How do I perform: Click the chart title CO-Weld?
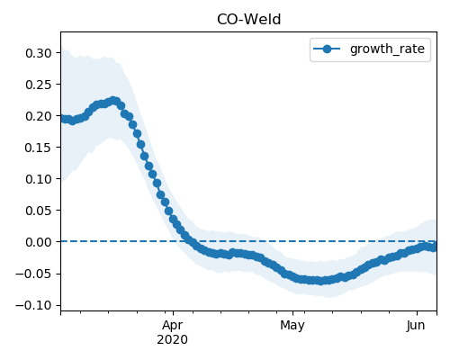click(x=248, y=20)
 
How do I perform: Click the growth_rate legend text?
click(x=387, y=49)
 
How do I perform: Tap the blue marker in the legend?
click(x=327, y=49)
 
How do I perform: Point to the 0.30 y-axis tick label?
click(x=39, y=53)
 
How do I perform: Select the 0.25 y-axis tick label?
click(x=39, y=85)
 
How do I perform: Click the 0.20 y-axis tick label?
click(x=39, y=116)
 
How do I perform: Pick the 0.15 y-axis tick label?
click(x=39, y=148)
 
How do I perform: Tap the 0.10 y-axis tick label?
click(x=39, y=179)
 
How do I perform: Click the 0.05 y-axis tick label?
click(x=39, y=211)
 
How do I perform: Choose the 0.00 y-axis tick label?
click(x=39, y=242)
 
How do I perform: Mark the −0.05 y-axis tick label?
click(x=34, y=274)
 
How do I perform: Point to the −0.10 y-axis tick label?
click(x=34, y=305)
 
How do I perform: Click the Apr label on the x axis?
click(x=173, y=326)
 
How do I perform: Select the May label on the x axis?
click(x=292, y=326)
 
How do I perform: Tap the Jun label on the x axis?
click(x=416, y=326)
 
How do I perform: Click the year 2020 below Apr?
click(x=173, y=339)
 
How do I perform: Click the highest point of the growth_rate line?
click(x=113, y=101)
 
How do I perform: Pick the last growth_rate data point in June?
click(x=434, y=247)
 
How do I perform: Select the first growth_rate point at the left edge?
click(x=62, y=119)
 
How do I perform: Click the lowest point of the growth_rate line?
click(x=321, y=281)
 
